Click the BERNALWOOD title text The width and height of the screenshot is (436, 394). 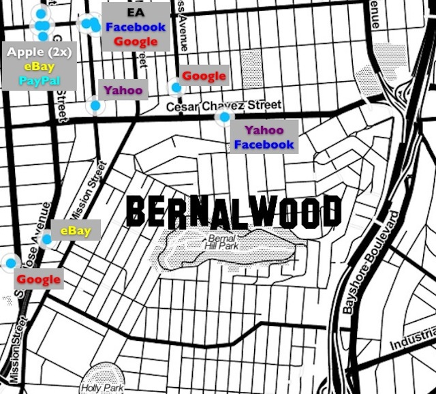[233, 212]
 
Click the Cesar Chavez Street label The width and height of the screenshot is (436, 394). [224, 106]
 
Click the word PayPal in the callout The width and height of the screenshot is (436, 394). [40, 80]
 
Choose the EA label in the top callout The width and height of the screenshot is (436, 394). [136, 13]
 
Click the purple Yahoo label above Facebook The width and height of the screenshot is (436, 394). [264, 130]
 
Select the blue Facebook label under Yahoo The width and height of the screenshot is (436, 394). [264, 145]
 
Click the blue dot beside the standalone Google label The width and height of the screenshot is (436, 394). [176, 87]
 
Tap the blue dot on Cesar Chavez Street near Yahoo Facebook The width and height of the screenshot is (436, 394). [223, 117]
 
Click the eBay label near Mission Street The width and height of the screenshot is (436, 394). [75, 230]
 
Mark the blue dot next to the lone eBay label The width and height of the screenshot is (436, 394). [46, 239]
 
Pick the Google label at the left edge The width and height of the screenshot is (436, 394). [38, 279]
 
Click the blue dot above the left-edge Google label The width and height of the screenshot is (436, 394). [10, 262]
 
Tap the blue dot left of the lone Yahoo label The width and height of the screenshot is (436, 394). [95, 106]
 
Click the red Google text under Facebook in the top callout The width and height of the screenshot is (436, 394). [136, 42]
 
